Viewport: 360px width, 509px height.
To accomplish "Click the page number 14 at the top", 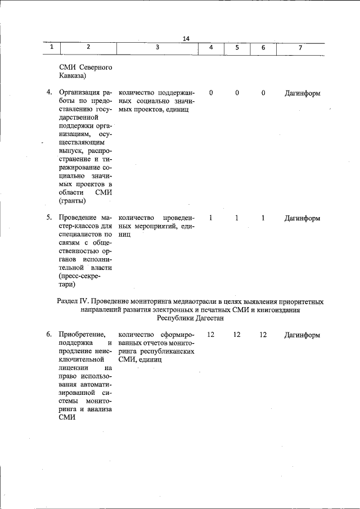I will [186, 38].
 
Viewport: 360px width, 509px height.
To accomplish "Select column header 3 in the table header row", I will [157, 48].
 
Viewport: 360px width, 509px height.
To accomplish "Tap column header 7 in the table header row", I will [300, 48].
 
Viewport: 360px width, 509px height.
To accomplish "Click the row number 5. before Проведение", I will [49, 218].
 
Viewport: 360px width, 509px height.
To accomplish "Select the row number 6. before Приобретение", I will [49, 335].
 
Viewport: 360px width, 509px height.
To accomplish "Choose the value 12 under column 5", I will [237, 335].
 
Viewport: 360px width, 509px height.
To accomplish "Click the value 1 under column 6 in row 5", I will [263, 218].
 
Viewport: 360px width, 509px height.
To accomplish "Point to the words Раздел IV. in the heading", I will [73, 302].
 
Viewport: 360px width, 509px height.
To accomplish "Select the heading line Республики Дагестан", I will [190, 318].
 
